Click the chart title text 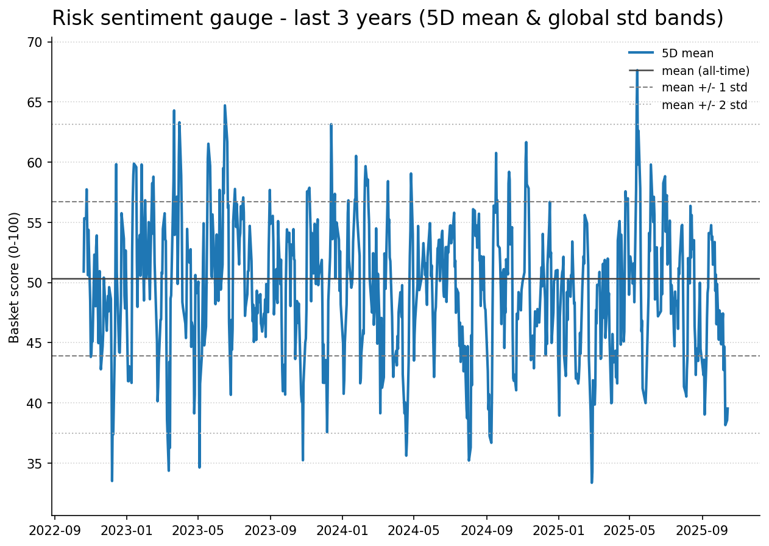click(x=388, y=18)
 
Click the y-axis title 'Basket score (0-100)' click(x=15, y=277)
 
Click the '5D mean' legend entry click(x=687, y=54)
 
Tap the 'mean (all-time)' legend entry click(x=705, y=71)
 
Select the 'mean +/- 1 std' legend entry click(x=704, y=88)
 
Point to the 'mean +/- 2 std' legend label click(x=704, y=105)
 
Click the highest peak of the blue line click(x=637, y=71)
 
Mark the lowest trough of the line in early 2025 click(x=592, y=482)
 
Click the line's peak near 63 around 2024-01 click(x=331, y=125)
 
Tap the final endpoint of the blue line click(x=728, y=408)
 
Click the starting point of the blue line click(x=83, y=271)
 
